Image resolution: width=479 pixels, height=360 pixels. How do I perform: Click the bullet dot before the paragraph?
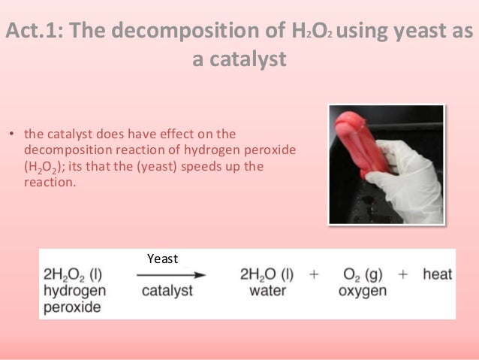(12, 135)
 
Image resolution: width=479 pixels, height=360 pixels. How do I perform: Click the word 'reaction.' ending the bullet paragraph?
(50, 181)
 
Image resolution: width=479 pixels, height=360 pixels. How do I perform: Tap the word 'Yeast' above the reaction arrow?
(163, 259)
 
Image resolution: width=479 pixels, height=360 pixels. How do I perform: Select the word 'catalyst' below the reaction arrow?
(167, 290)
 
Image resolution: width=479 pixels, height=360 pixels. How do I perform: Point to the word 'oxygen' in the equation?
(363, 290)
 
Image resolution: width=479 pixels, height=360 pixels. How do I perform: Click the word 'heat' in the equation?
(437, 274)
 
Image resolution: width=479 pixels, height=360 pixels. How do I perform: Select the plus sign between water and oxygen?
(315, 274)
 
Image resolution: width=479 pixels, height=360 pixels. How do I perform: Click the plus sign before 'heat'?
(403, 274)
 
